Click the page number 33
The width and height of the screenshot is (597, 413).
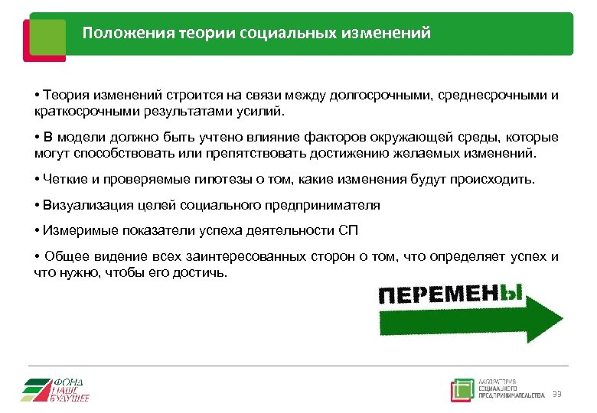pos(556,394)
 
